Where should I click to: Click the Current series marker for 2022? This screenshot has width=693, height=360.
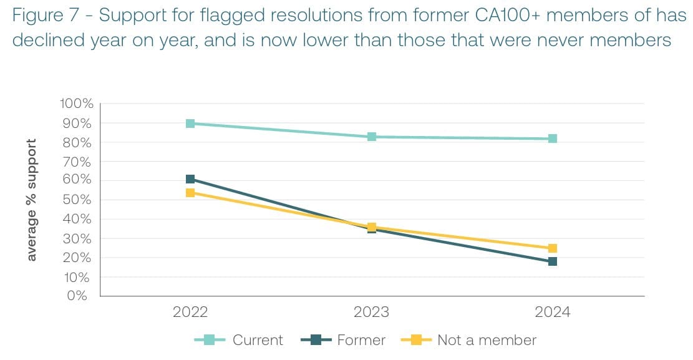pyautogui.click(x=190, y=124)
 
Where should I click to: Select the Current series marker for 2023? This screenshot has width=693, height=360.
pyautogui.click(x=372, y=137)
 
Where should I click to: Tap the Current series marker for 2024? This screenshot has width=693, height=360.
pyautogui.click(x=553, y=139)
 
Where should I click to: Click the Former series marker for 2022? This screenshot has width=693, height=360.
pyautogui.click(x=190, y=180)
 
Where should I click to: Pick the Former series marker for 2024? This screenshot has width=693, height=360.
pyautogui.click(x=553, y=261)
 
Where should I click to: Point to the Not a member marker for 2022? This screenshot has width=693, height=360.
pyautogui.click(x=190, y=193)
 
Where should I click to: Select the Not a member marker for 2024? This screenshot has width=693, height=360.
pyautogui.click(x=553, y=248)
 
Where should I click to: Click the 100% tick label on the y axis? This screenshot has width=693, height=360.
pyautogui.click(x=76, y=104)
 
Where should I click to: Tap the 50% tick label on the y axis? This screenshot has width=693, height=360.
pyautogui.click(x=79, y=200)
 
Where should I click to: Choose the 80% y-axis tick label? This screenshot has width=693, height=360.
pyautogui.click(x=79, y=143)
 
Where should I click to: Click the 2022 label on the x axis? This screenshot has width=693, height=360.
pyautogui.click(x=190, y=313)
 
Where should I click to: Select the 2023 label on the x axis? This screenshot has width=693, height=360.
pyautogui.click(x=372, y=313)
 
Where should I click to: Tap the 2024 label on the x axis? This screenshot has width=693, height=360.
pyautogui.click(x=553, y=313)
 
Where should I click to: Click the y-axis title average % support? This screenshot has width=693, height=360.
pyautogui.click(x=32, y=200)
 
